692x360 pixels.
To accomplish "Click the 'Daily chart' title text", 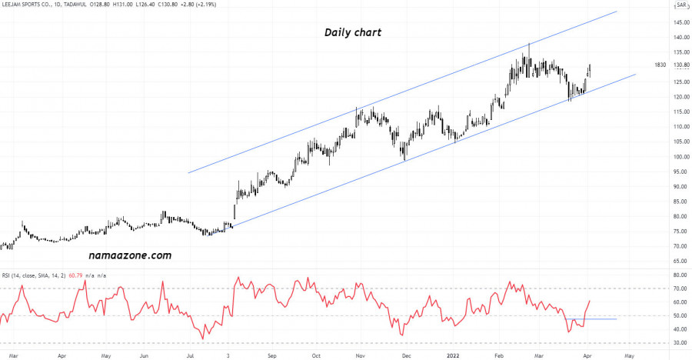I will (x=352, y=33).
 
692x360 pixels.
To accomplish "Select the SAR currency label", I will (x=682, y=5).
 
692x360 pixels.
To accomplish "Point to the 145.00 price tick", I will (x=681, y=22).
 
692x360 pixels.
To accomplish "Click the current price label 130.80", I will (x=681, y=65).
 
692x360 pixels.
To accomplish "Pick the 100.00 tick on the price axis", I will (x=681, y=157).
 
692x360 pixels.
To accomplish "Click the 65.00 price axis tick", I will (x=681, y=262).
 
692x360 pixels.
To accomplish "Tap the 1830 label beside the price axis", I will (x=660, y=65).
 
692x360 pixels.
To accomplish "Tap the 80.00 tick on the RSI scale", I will (x=681, y=275).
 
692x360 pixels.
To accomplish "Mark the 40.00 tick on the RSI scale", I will (x=681, y=329).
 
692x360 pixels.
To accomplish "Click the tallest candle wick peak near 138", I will (x=529, y=45).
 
